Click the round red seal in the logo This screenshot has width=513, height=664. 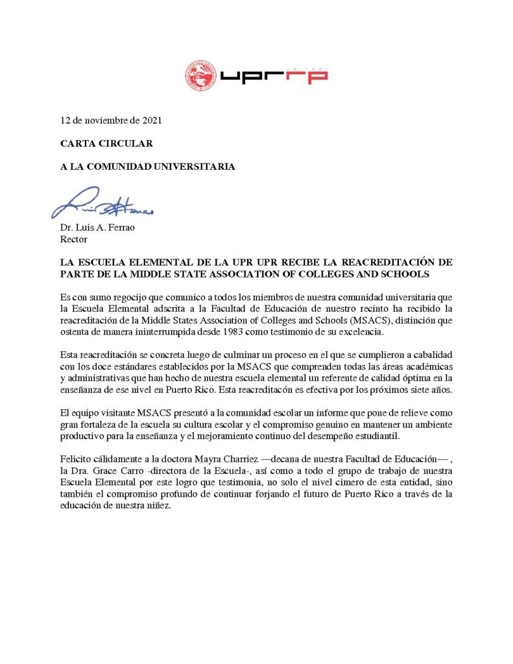click(x=200, y=76)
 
